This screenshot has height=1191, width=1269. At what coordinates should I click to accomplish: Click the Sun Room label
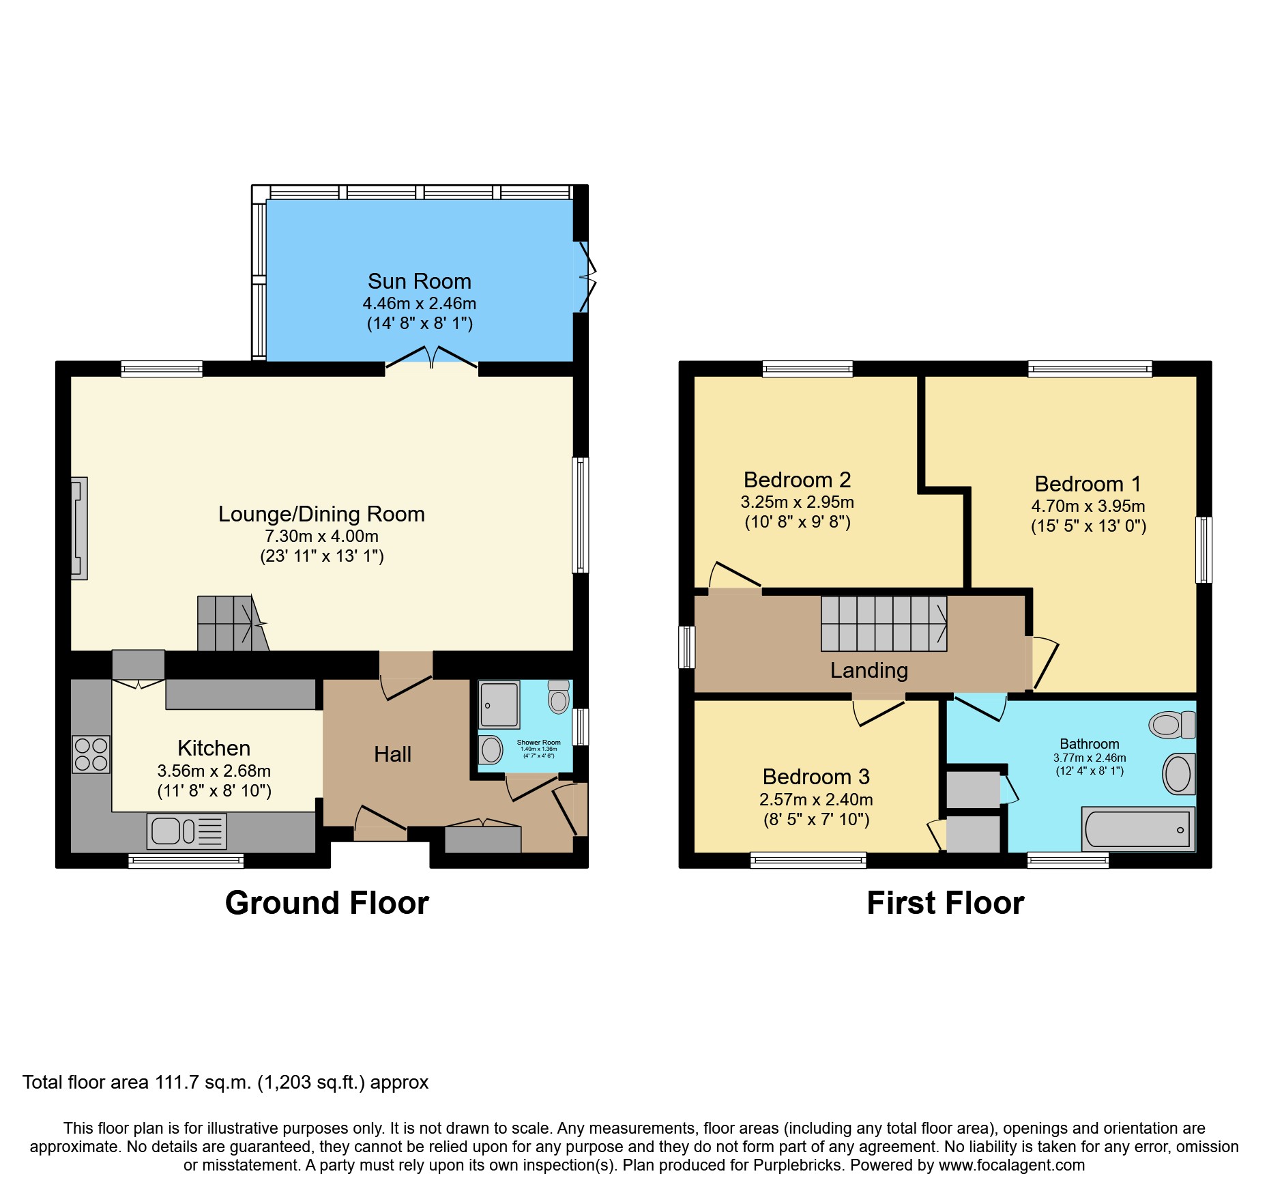[x=420, y=281]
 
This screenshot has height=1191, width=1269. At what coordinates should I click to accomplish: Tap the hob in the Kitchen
[x=91, y=754]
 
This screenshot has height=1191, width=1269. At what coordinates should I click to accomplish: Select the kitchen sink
[x=187, y=831]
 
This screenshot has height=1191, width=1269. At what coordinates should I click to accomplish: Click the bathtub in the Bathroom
[x=1139, y=829]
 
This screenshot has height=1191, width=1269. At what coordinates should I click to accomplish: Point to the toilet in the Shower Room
[x=559, y=696]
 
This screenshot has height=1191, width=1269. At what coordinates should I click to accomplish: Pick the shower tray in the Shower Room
[x=499, y=704]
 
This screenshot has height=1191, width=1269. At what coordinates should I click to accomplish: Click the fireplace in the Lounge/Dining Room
[x=79, y=528]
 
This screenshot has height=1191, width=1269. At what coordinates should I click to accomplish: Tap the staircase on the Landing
[x=884, y=624]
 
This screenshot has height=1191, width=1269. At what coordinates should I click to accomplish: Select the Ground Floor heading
[x=327, y=903]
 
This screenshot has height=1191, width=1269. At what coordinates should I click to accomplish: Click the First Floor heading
[x=946, y=903]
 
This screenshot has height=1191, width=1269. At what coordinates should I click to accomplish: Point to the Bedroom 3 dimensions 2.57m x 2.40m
[x=816, y=799]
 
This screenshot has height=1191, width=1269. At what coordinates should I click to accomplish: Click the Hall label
[x=392, y=754]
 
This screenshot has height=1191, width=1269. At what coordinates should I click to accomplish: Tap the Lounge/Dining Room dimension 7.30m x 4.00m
[x=322, y=536]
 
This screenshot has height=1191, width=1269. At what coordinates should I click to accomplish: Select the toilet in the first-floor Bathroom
[x=1172, y=725]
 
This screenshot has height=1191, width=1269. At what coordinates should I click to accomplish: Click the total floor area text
[x=226, y=1082]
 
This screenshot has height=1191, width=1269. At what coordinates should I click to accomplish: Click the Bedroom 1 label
[x=1088, y=484]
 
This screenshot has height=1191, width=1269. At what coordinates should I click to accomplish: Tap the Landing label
[x=869, y=670]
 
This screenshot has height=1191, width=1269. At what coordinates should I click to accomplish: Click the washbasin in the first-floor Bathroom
[x=1179, y=774]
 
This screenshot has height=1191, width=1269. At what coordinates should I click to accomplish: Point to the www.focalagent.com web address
[x=1012, y=1165]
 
